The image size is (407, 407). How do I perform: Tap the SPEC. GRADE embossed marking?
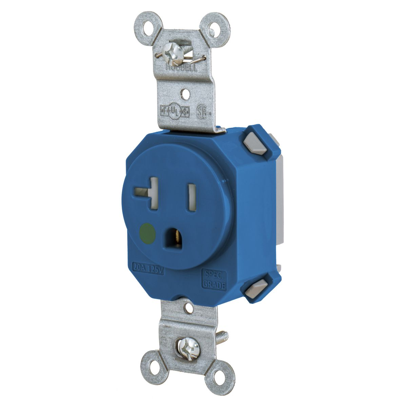[x=214, y=279]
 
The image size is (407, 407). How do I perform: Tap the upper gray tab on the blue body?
[x=261, y=144]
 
